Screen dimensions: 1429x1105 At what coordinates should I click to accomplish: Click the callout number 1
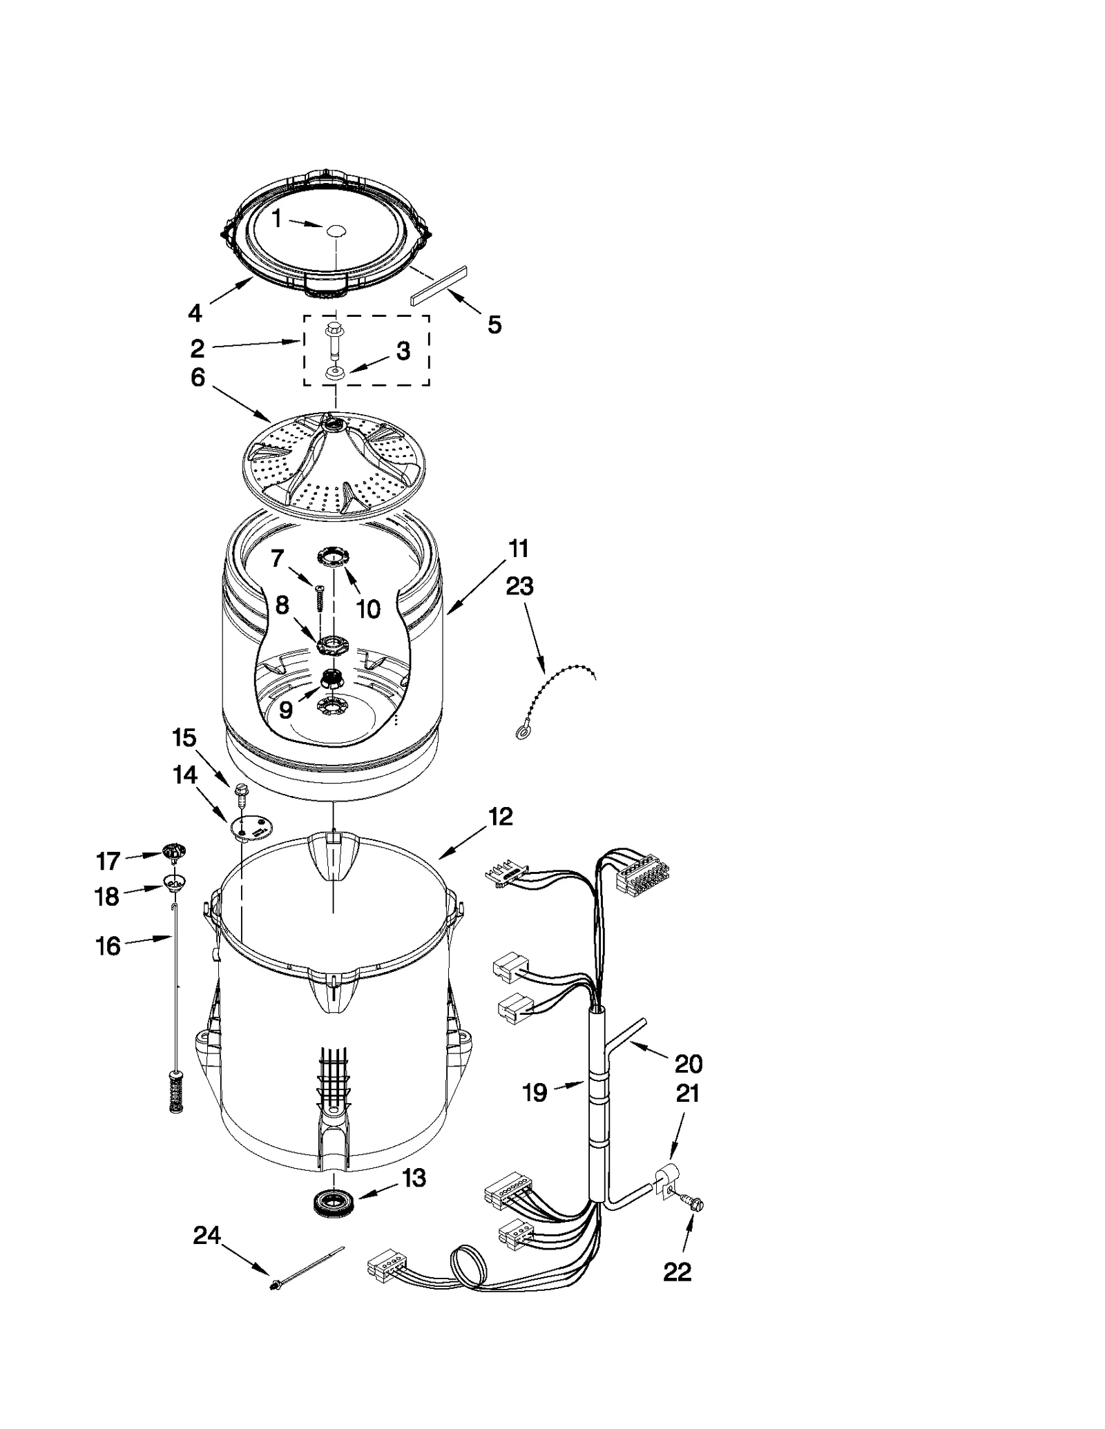coord(276,219)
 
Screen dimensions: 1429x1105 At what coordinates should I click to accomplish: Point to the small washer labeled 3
coord(334,373)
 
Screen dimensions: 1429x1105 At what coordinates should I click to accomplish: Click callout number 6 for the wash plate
coord(198,378)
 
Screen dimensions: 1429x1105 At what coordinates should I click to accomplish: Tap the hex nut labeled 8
coord(332,646)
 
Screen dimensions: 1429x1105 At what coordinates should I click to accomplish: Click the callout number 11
coord(519,549)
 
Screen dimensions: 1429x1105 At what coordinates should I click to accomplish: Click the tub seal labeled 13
coord(331,1202)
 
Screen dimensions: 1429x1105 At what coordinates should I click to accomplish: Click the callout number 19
coord(535,1092)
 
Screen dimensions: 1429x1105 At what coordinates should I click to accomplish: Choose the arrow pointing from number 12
coord(463,844)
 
